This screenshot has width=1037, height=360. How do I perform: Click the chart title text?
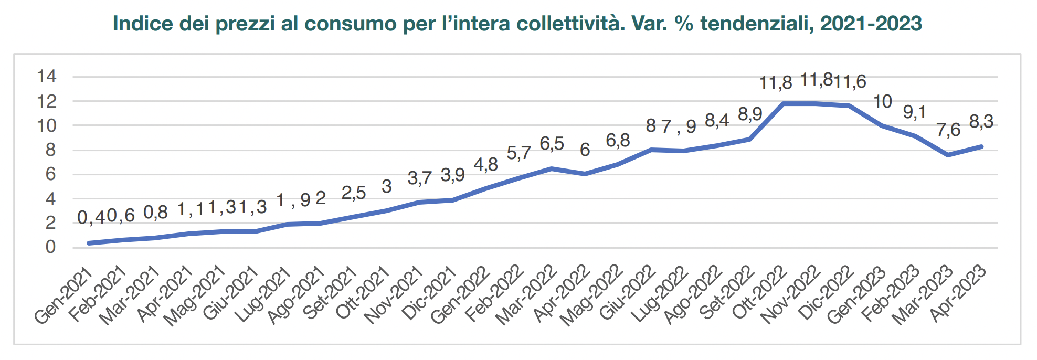pos(517,24)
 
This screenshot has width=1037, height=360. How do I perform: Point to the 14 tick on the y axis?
pos(46,77)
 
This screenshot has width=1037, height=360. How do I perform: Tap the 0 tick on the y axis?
pos(50,247)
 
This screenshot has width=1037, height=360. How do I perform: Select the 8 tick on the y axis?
pos(50,150)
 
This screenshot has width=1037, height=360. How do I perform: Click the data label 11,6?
pos(850,82)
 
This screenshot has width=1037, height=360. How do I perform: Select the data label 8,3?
pos(981,122)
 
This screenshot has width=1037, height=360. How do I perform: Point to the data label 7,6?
pos(948,130)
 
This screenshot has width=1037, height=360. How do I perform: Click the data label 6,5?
pos(552,144)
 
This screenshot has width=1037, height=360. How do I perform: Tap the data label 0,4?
pos(92,217)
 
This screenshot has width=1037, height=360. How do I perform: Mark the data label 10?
pos(883,101)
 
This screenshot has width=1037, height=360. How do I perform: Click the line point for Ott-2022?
pos(784,103)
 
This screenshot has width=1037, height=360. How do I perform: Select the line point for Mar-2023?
pos(948,155)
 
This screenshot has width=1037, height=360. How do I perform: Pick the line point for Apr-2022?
pos(585,174)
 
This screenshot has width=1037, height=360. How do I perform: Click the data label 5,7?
pos(518,153)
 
